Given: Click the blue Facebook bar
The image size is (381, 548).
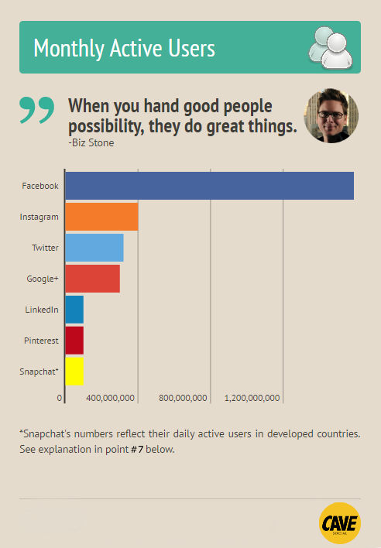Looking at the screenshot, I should pyautogui.click(x=209, y=186).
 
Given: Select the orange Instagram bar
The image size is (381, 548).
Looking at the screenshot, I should pyautogui.click(x=101, y=217).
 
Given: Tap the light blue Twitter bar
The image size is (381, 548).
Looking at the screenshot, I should pyautogui.click(x=94, y=248).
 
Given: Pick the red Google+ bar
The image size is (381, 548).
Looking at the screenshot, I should pyautogui.click(x=92, y=279).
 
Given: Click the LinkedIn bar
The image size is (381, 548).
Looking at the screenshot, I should pyautogui.click(x=74, y=310).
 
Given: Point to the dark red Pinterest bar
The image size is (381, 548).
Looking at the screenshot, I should pyautogui.click(x=74, y=341).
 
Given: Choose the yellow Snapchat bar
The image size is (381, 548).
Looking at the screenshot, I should pyautogui.click(x=74, y=371).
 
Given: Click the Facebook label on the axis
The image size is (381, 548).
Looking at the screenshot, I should pyautogui.click(x=40, y=186).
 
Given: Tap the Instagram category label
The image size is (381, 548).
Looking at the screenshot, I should pyautogui.click(x=39, y=217).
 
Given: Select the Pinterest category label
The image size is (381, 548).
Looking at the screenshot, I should pyautogui.click(x=40, y=341).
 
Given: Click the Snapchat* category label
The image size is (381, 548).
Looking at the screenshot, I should pyautogui.click(x=39, y=372).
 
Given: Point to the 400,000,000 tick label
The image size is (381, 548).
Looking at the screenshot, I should pyautogui.click(x=111, y=398).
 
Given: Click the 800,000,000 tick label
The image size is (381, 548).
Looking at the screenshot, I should pyautogui.click(x=183, y=398).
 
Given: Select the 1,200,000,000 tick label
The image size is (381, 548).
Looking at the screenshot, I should pyautogui.click(x=252, y=398).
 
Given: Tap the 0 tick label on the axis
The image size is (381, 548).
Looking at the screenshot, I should pyautogui.click(x=60, y=398).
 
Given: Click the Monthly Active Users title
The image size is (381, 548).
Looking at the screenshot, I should pyautogui.click(x=124, y=48).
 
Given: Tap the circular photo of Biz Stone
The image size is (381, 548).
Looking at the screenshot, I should pyautogui.click(x=331, y=115).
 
